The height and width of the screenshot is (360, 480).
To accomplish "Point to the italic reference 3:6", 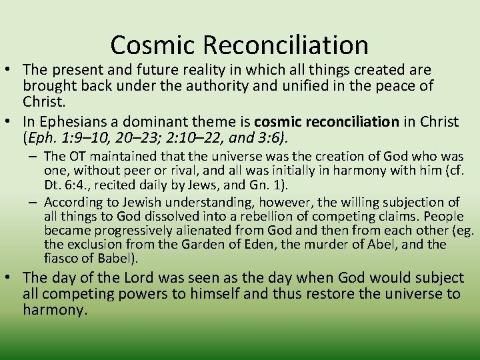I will [273, 138].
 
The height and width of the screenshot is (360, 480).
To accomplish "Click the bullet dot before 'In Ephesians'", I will [10, 122].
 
